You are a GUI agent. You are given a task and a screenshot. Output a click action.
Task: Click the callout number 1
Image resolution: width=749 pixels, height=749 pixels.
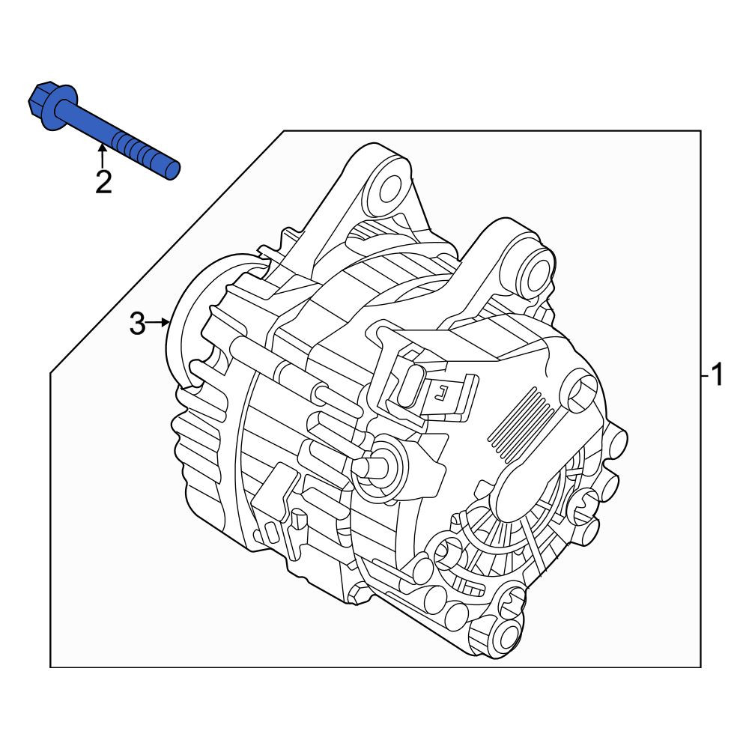(718, 375)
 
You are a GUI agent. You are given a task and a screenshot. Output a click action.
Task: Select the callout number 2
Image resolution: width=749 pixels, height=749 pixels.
(103, 182)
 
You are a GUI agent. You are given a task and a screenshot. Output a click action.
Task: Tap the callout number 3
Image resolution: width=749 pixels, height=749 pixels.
(138, 324)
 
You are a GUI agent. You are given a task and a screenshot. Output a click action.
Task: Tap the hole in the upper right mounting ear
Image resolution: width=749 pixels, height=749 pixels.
(536, 273)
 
